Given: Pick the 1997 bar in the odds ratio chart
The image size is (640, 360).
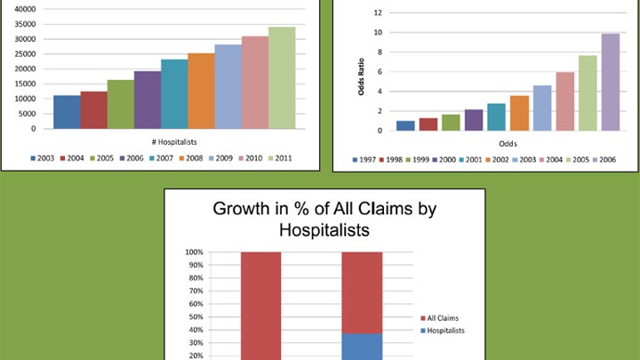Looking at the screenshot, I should click(x=405, y=125).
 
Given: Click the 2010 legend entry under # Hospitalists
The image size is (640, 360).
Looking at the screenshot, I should click(x=252, y=158).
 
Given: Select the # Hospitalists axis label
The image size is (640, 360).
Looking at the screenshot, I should click(x=173, y=140).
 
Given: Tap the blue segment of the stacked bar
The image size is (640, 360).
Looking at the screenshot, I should click(x=361, y=347).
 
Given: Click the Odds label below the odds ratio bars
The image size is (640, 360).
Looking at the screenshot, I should click(x=508, y=142).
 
